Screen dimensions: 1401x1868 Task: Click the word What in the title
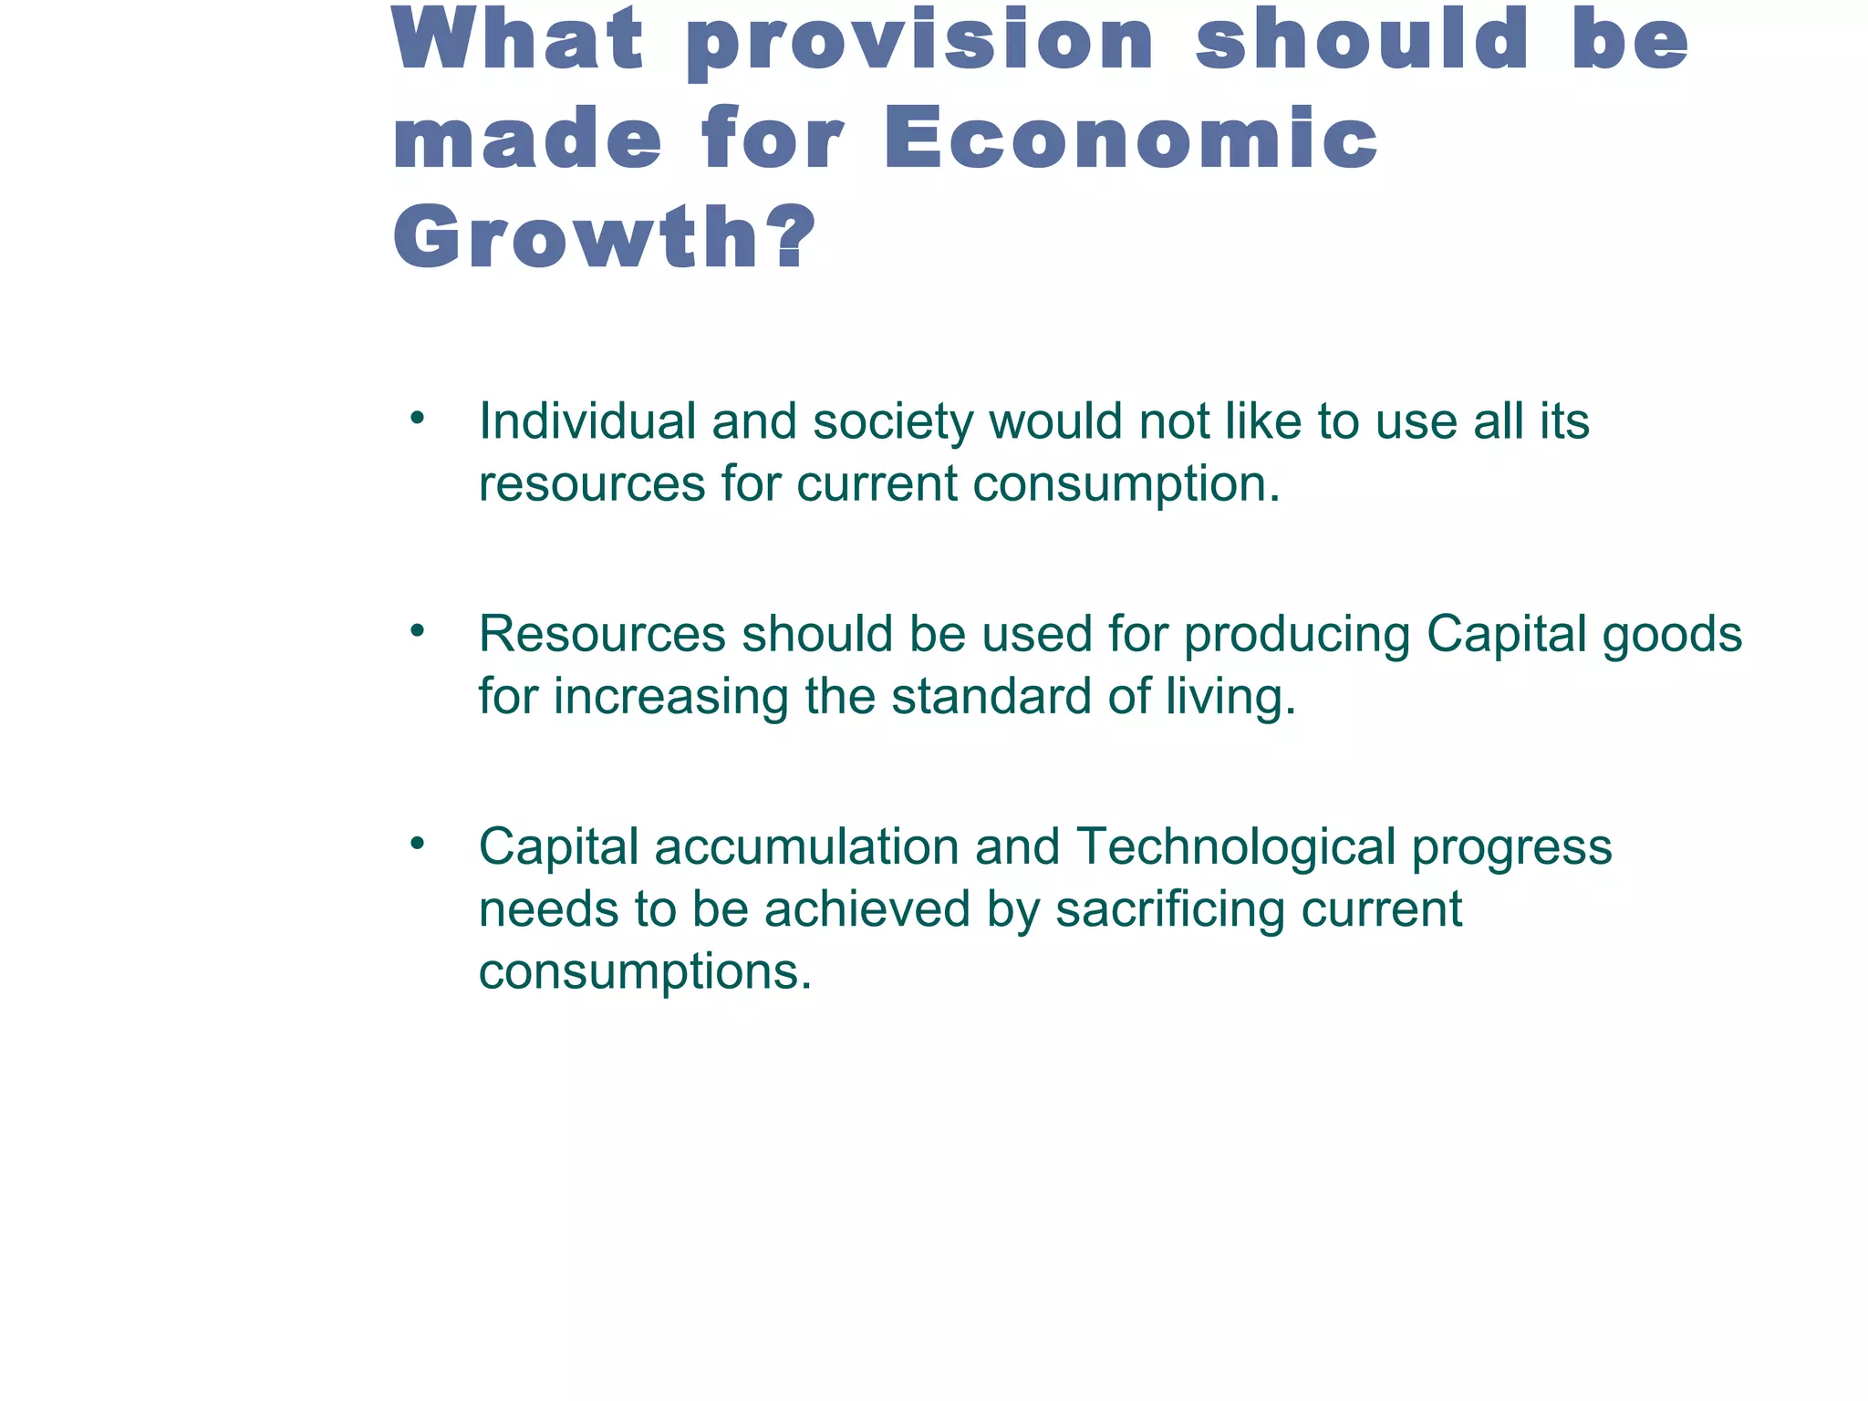click(518, 40)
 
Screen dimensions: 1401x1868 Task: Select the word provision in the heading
click(920, 42)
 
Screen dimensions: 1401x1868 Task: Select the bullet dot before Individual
click(418, 420)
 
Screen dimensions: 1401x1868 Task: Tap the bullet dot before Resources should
click(418, 631)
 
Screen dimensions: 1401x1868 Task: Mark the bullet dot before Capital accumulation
click(418, 844)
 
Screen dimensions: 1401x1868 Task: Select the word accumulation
click(805, 847)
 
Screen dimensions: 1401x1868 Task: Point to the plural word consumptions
click(645, 973)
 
